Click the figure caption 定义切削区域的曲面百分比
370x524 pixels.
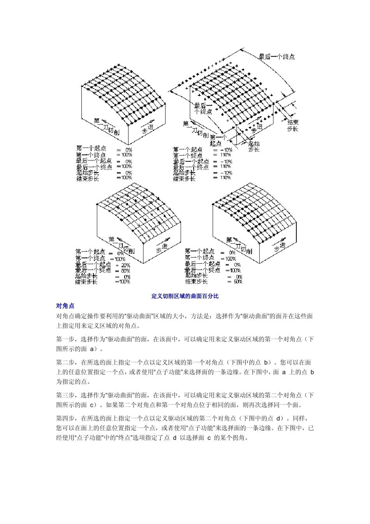185,296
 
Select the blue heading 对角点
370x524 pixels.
65,306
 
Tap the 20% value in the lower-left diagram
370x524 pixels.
125,265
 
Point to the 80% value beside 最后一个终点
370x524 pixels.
125,270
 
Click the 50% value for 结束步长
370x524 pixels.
238,282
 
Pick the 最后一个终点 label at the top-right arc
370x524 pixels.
277,57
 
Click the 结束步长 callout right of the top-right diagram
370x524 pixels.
293,125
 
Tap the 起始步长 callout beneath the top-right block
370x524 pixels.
254,146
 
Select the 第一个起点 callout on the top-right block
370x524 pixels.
218,140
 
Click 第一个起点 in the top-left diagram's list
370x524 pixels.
91,148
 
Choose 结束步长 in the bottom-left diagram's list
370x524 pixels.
86,282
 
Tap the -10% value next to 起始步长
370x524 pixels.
226,173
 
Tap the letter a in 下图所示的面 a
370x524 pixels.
92,349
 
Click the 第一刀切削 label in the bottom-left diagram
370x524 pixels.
121,245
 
